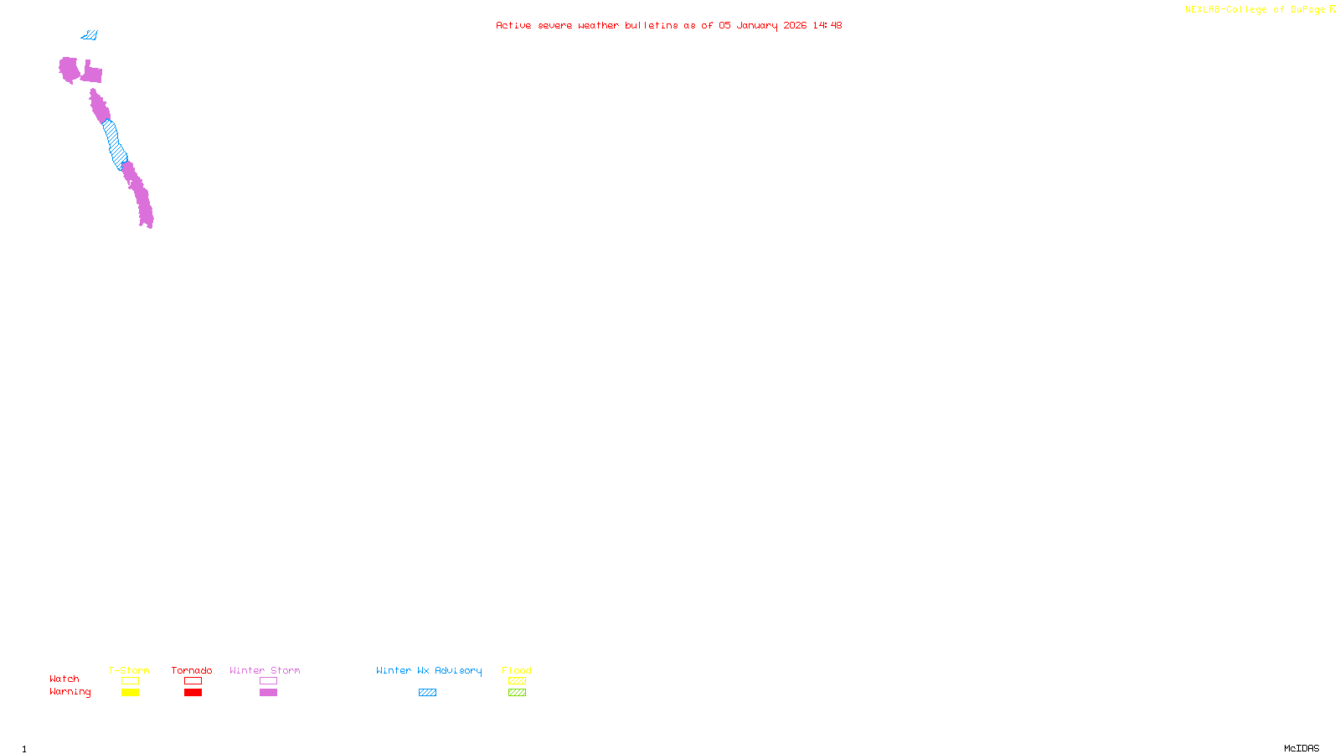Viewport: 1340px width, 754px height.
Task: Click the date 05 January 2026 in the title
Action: point(762,25)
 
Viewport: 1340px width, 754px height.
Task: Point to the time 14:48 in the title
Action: point(827,25)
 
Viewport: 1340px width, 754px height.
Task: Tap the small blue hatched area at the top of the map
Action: point(90,35)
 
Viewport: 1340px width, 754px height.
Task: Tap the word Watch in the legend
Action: point(64,679)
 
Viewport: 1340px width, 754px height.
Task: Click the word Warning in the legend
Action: point(70,692)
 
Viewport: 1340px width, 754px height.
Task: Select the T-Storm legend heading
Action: point(129,670)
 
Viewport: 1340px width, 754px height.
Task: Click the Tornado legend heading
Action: point(192,670)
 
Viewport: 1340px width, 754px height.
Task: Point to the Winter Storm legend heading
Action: point(265,670)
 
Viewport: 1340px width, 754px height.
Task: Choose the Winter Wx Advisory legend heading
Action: point(429,670)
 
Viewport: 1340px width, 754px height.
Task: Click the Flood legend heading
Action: point(517,670)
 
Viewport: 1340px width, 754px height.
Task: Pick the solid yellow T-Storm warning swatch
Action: point(130,693)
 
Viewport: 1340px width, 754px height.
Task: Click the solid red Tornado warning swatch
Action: point(193,693)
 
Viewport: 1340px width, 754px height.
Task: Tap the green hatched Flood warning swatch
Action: point(517,693)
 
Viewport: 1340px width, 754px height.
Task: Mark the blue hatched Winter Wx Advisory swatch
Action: point(427,693)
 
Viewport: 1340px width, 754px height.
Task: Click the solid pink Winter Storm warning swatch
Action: point(268,693)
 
